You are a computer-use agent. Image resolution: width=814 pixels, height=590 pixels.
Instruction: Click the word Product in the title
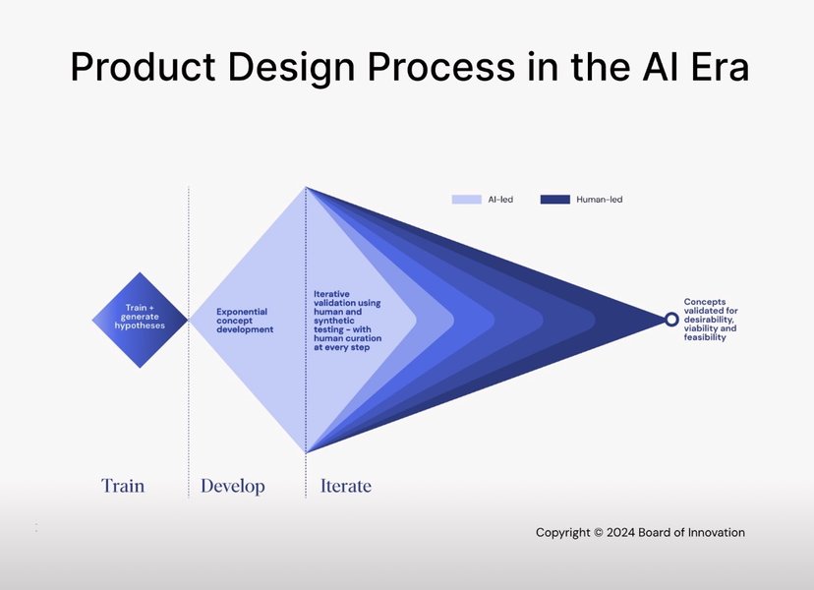[143, 67]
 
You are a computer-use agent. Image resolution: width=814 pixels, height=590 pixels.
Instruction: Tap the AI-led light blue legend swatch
[467, 200]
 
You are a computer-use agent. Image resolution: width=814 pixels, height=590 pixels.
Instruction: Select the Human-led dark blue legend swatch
[554, 200]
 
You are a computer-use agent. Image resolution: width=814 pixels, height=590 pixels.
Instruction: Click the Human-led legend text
[599, 200]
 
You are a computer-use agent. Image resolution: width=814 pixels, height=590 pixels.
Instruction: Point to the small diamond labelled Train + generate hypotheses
[140, 320]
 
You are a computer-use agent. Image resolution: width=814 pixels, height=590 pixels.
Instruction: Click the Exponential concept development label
[245, 321]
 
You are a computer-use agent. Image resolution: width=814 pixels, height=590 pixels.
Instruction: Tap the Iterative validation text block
[347, 321]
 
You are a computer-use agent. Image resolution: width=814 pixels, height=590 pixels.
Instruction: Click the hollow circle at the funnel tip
[671, 320]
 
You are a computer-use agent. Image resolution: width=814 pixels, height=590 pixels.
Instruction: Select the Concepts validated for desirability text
[711, 320]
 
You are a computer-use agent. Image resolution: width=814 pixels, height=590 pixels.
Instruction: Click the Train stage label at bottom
[123, 486]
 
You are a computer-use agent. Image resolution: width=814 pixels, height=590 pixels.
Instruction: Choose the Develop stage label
[233, 486]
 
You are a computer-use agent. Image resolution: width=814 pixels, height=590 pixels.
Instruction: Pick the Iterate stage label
[346, 486]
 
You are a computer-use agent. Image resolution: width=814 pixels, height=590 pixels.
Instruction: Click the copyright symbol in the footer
[598, 532]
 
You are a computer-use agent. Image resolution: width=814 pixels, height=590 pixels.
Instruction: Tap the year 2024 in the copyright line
[620, 532]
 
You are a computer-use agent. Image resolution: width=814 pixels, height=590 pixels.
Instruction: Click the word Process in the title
[441, 67]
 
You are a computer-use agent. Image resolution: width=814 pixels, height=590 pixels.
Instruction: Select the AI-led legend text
[500, 200]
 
